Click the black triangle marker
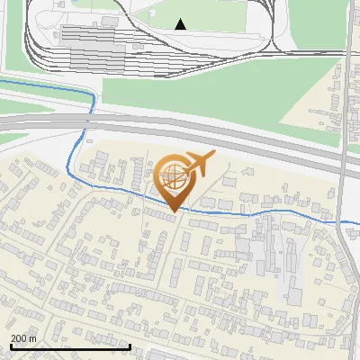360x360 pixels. point(182,24)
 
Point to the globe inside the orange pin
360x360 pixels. point(174,177)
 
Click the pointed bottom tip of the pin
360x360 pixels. point(174,211)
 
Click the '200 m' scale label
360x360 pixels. point(23,337)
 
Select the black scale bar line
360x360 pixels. point(70,346)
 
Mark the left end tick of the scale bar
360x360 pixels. point(11,346)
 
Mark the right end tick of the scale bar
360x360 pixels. point(130,346)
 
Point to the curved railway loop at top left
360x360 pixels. point(31,36)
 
